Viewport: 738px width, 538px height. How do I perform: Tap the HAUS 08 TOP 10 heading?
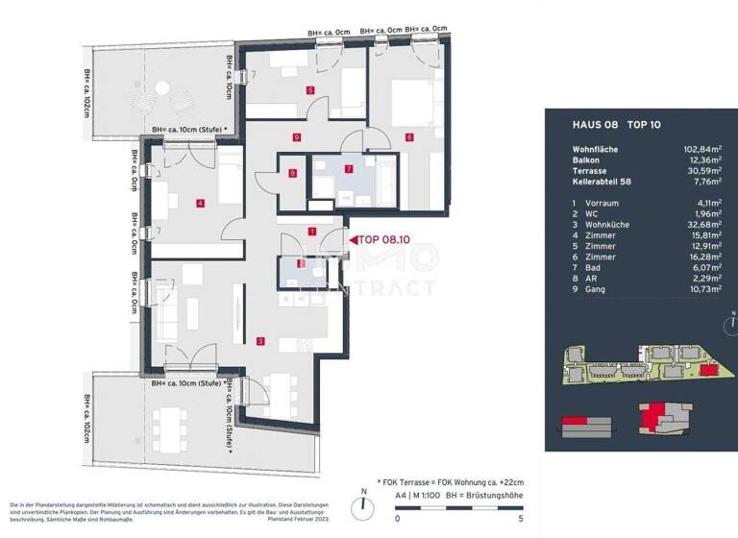tap(603, 125)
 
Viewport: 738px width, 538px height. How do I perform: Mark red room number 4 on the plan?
tap(199, 203)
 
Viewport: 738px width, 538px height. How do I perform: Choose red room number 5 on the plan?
tap(310, 90)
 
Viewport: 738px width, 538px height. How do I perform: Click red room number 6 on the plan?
tap(408, 137)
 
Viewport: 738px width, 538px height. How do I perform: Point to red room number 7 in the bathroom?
tap(349, 169)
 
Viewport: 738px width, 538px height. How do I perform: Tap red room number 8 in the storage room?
tap(292, 174)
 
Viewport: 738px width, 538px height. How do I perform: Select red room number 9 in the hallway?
tap(299, 138)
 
